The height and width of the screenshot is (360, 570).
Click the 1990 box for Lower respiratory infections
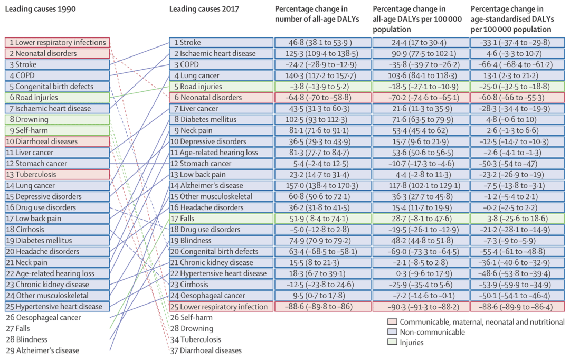click(58, 42)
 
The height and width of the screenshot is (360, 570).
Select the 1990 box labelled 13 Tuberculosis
click(58, 174)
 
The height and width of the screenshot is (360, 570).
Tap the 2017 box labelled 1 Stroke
click(220, 42)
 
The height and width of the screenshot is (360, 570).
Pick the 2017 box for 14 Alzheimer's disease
click(220, 185)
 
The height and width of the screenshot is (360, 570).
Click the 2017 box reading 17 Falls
click(220, 218)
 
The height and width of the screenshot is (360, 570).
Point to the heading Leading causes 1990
click(40, 9)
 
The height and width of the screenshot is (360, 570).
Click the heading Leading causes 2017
click(204, 9)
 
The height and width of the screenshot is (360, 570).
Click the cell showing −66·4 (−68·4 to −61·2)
click(517, 64)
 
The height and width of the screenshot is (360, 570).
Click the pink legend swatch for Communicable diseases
click(392, 321)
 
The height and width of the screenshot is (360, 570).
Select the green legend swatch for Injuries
click(392, 342)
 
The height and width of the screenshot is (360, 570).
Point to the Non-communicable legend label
click(433, 332)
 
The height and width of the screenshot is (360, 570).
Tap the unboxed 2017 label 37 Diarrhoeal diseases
click(206, 350)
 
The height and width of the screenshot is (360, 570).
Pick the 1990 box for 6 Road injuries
click(58, 97)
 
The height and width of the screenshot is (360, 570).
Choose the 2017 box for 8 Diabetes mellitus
click(220, 119)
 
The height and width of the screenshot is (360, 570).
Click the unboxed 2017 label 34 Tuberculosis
click(196, 339)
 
